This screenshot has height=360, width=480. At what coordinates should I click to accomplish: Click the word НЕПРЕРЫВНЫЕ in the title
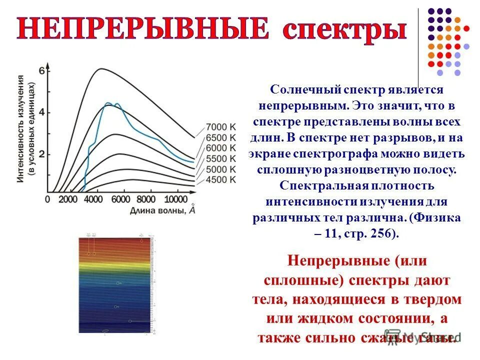(x=142, y=29)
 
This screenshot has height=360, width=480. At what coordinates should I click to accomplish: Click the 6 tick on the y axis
(x=42, y=71)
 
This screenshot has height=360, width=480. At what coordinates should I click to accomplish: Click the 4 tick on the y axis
(x=42, y=112)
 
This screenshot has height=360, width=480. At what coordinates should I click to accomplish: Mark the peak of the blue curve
(x=107, y=103)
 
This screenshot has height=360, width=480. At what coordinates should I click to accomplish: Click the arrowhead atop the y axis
(x=47, y=65)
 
